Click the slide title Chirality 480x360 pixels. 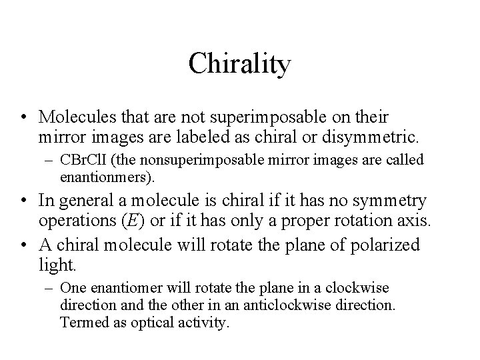(240, 64)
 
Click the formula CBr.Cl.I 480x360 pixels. (83, 161)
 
